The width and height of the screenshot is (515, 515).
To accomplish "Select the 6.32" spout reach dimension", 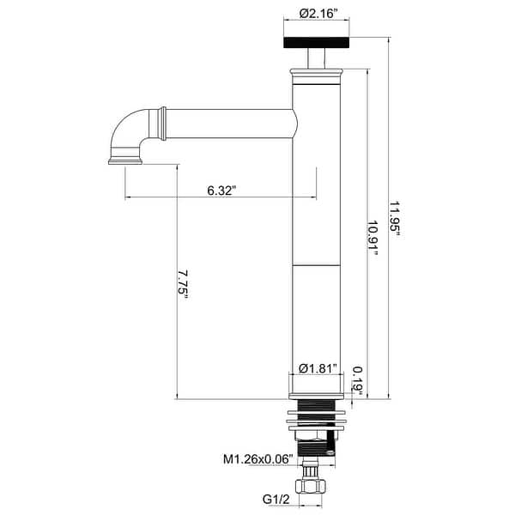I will click(221, 190).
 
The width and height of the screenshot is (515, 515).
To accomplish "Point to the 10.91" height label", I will click(373, 245).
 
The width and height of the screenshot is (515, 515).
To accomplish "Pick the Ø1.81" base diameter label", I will click(317, 368).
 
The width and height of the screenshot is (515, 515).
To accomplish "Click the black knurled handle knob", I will click(317, 43).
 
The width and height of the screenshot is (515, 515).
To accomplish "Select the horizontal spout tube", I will click(227, 123).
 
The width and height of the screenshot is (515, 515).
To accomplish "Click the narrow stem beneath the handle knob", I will click(317, 61).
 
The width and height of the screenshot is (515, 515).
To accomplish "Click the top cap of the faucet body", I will click(317, 79).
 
